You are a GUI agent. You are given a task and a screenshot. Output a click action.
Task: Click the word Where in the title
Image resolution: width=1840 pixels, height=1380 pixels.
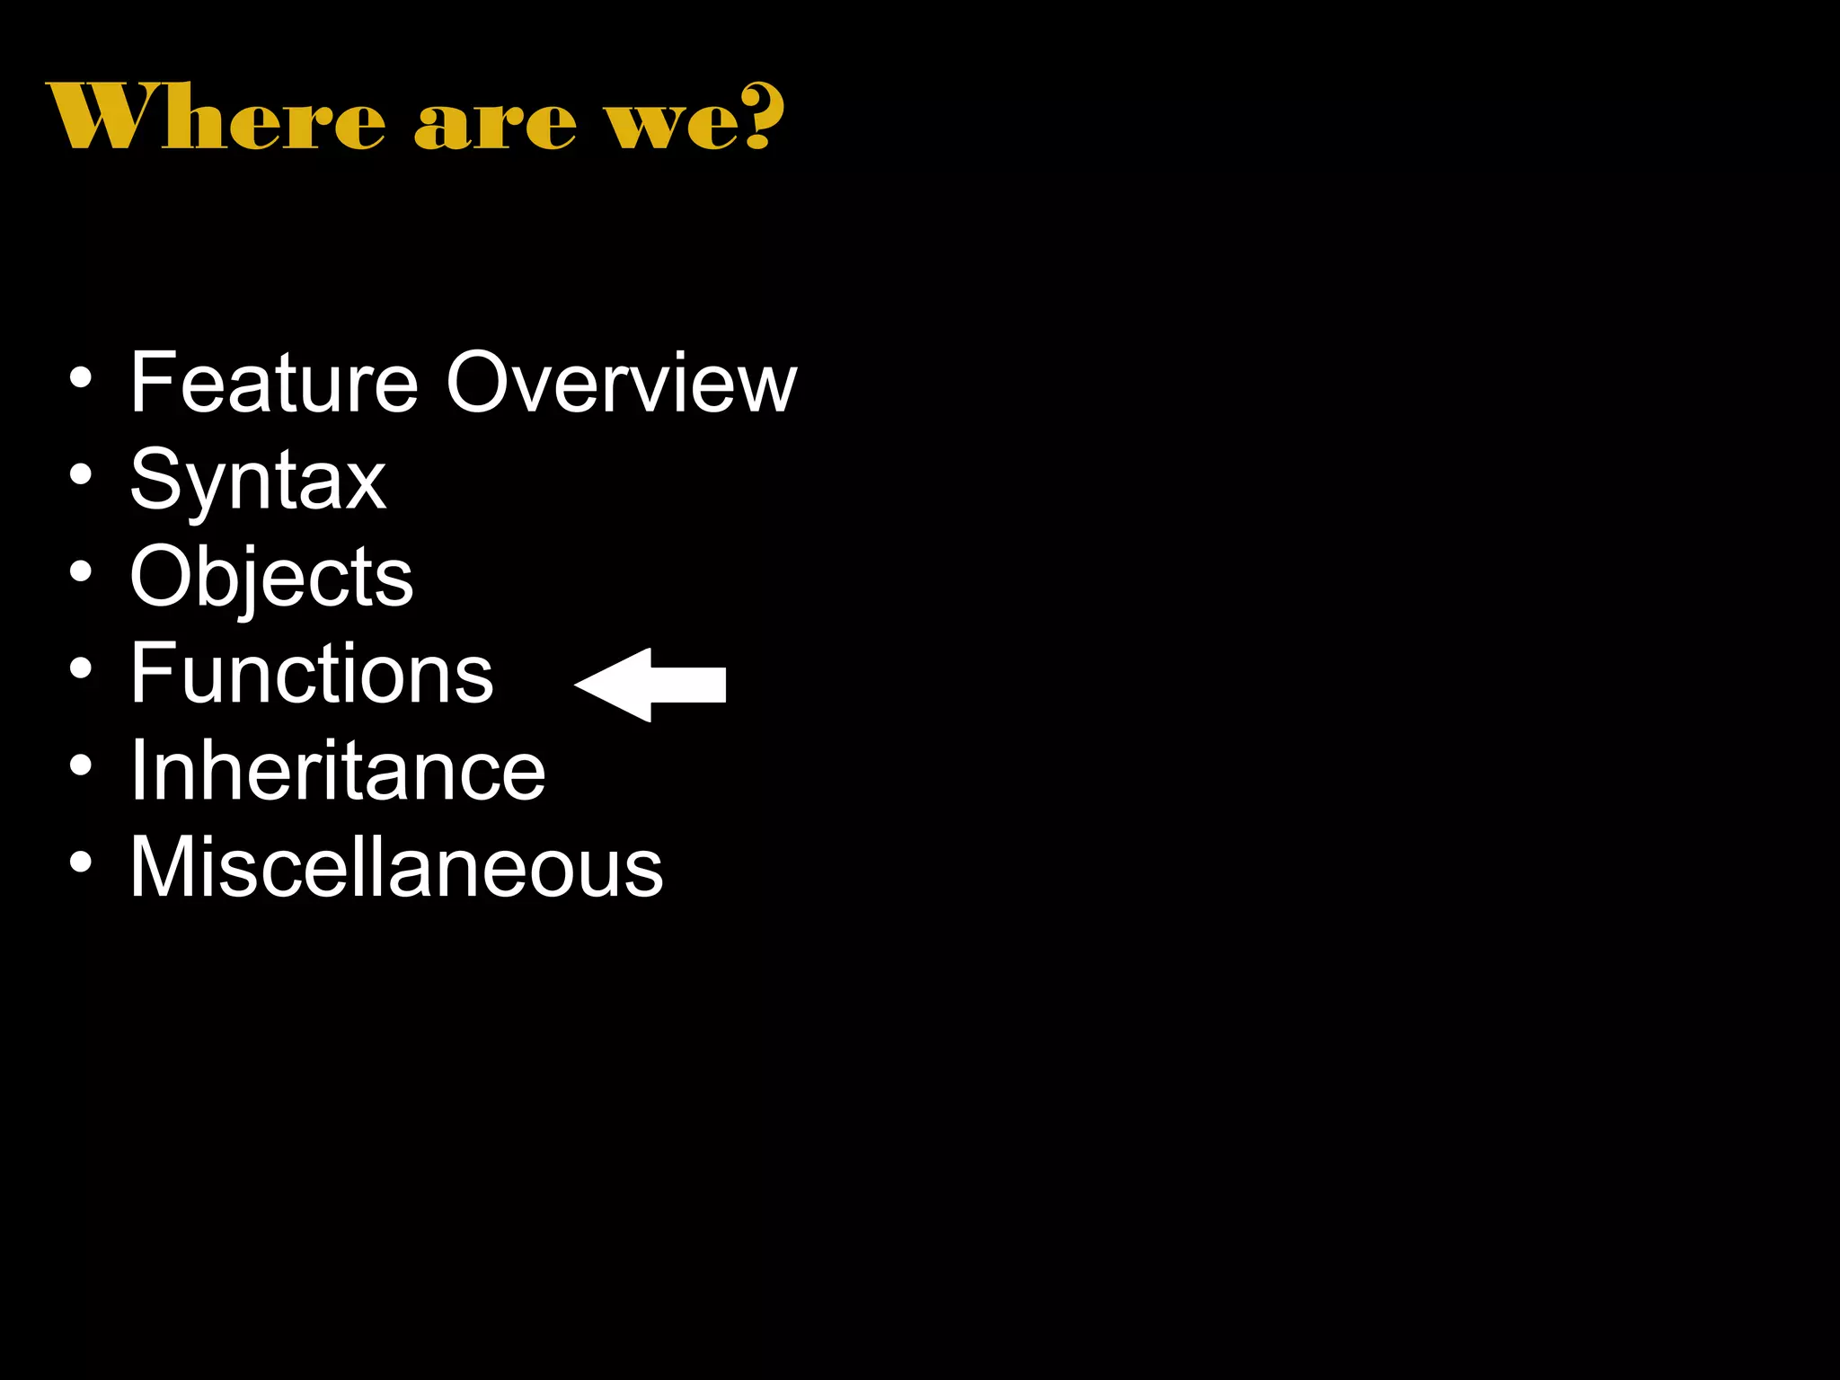coord(216,117)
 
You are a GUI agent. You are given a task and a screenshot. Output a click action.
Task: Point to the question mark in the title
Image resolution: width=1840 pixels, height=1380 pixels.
coord(762,115)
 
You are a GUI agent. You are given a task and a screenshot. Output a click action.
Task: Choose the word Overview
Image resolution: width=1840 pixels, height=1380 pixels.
coord(621,384)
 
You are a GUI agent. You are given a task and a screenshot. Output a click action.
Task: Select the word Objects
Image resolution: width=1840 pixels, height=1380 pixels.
coord(271,578)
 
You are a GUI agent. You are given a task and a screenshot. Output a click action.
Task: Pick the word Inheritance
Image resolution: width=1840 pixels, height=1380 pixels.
coord(338,770)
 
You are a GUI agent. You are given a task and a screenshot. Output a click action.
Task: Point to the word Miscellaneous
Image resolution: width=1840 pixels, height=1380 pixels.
coord(396,867)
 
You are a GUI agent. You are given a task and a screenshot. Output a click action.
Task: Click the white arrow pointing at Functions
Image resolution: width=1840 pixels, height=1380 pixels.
coord(650,685)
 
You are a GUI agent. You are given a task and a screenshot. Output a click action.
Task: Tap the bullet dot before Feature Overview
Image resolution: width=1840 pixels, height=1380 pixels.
coord(81,378)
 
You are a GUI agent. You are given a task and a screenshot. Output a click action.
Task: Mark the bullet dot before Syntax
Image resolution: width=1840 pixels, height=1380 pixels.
coord(81,474)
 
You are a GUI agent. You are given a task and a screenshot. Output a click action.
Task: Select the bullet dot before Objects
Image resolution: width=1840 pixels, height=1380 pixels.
coord(81,571)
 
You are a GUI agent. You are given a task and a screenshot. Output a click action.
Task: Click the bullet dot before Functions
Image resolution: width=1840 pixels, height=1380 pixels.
coord(81,668)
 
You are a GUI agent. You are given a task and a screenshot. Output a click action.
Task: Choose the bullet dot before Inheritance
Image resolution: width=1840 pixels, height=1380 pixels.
coord(81,765)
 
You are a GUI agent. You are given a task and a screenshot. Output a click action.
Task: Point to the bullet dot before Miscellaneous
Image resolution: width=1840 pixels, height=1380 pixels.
coord(81,862)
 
